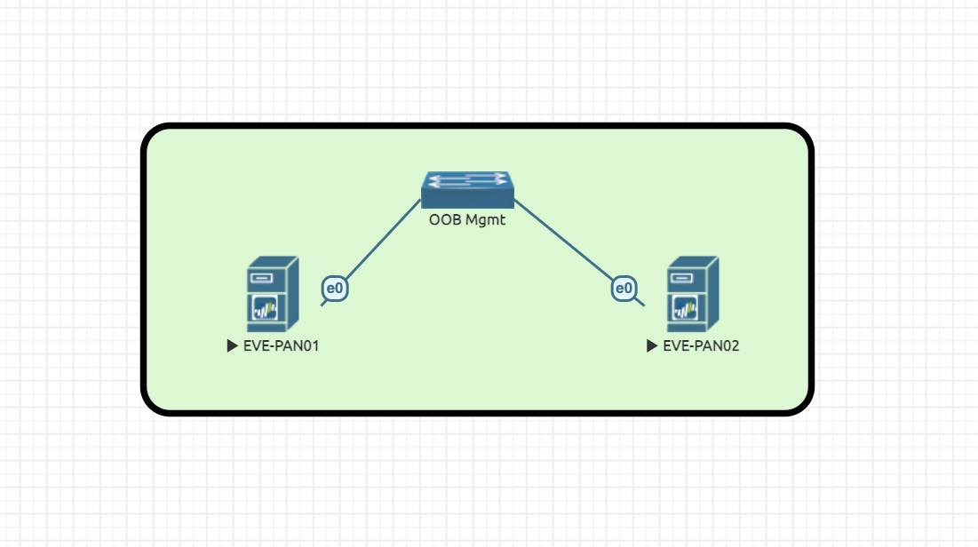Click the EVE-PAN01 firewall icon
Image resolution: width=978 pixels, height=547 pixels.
[x=273, y=294]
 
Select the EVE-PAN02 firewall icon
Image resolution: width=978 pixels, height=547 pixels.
[x=693, y=294]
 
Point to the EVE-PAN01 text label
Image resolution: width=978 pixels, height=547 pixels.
[x=281, y=346]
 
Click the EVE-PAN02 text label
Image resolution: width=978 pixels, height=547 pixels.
[x=701, y=346]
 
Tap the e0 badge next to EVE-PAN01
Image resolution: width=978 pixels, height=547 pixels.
[x=334, y=288]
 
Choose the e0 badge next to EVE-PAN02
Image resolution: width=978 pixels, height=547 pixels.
[x=624, y=288]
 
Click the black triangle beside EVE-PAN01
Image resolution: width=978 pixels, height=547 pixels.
[x=232, y=346]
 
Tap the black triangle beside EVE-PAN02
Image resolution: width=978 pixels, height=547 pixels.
[x=652, y=346]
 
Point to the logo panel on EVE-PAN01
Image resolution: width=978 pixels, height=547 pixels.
[x=266, y=309]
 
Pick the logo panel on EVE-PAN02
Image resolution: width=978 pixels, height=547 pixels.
[x=686, y=309]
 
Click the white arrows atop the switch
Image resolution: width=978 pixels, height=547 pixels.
[x=467, y=180]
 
